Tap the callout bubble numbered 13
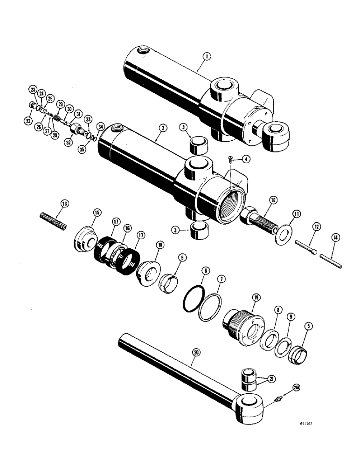[x=64, y=203]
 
